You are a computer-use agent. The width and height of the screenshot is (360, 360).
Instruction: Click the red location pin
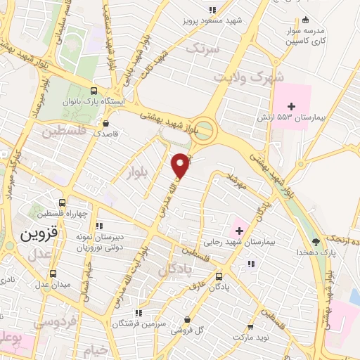[181, 165]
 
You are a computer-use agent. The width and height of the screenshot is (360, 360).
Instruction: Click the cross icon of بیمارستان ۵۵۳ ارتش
[292, 105]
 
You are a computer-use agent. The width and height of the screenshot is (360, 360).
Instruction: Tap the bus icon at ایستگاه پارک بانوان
[94, 91]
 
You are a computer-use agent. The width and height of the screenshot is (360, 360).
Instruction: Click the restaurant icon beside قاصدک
[106, 120]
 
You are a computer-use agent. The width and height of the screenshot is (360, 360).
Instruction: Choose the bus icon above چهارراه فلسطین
[63, 202]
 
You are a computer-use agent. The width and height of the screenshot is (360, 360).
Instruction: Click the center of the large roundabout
[205, 128]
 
